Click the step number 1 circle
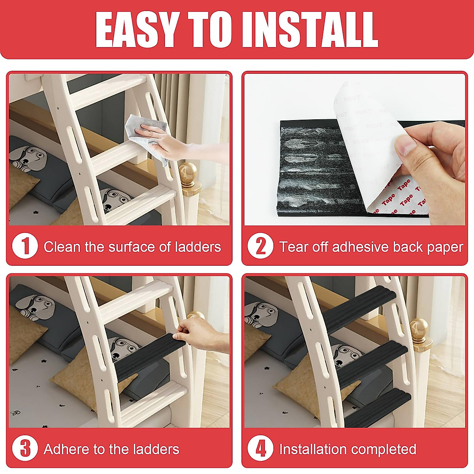tap(25, 246)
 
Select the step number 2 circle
tap(260, 246)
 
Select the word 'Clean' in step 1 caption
tap(62, 247)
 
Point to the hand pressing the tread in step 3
tap(199, 334)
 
